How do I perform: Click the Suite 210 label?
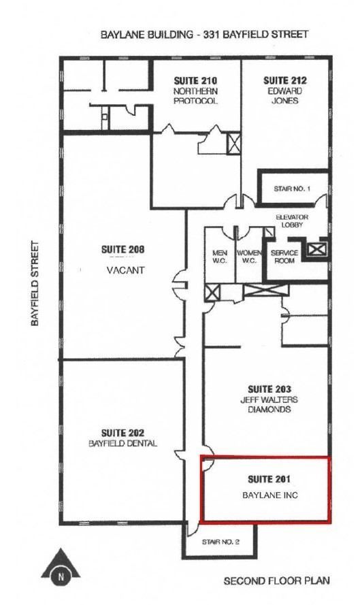[x=195, y=81]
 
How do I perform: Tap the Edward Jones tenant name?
[x=282, y=96]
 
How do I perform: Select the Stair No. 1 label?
[x=293, y=188]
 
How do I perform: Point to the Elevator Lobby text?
[x=292, y=221]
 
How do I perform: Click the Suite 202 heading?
[x=122, y=433]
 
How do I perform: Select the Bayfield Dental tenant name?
[x=122, y=444]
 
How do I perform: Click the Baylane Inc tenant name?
[x=270, y=495]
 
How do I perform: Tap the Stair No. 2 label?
[x=218, y=542]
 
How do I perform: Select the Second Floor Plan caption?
[x=277, y=581]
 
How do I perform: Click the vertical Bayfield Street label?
[x=35, y=282]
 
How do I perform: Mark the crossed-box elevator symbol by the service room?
[x=315, y=248]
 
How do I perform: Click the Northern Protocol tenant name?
[x=195, y=96]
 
